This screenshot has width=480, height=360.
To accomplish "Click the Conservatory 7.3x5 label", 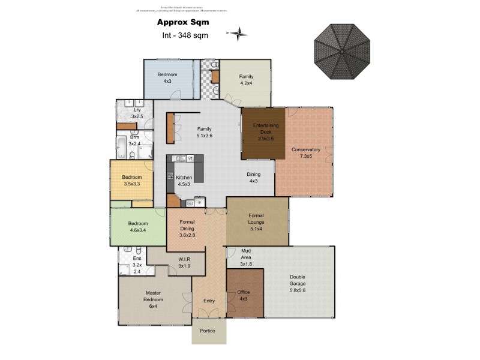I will tap(306, 152).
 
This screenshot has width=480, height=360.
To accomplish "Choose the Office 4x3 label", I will tap(244, 295).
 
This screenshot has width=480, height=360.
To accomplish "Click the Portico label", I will tap(208, 331).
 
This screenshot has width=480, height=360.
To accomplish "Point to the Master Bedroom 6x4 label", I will tap(153, 299).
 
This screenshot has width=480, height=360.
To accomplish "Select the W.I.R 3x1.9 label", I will tap(184, 262).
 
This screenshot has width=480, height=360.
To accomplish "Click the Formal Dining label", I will tap(187, 229).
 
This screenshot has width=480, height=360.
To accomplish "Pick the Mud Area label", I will tap(247, 257).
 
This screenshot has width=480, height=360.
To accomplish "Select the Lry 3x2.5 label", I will tap(137, 113).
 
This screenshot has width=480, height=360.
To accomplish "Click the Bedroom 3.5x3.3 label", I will tap(131, 181).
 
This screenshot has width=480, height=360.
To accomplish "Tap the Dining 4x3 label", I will tap(253, 178).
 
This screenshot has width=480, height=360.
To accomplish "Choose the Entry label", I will tap(209, 301).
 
